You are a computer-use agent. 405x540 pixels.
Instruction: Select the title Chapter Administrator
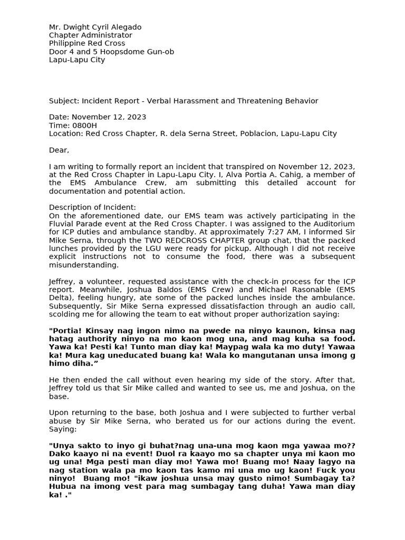(91, 35)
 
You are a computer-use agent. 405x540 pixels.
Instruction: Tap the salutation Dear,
(59, 150)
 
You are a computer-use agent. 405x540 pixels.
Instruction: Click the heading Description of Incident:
(93, 208)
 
